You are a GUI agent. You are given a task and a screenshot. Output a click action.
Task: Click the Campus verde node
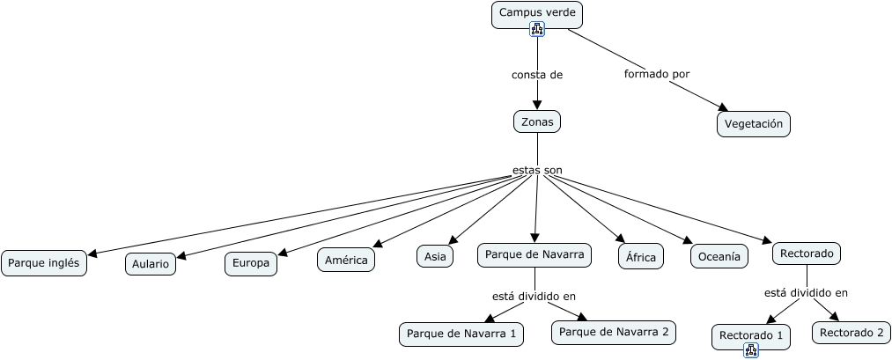tap(537, 15)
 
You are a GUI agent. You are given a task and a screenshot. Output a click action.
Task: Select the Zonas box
tap(537, 121)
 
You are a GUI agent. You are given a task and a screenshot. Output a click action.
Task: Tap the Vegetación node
tap(753, 124)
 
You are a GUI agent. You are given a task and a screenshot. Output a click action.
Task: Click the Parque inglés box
tap(44, 263)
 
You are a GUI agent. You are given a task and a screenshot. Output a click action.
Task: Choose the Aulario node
tap(151, 264)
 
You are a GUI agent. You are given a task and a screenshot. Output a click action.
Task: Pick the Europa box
tap(251, 264)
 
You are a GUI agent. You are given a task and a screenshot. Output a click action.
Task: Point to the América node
tap(346, 260)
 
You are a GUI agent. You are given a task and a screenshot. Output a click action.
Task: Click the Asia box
tap(435, 256)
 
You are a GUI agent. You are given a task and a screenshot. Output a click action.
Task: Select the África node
tap(641, 256)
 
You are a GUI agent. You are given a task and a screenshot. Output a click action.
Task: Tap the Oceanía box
tap(719, 256)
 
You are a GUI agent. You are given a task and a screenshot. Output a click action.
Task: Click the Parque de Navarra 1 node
tap(461, 334)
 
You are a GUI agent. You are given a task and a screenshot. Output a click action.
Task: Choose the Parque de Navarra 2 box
tap(614, 332)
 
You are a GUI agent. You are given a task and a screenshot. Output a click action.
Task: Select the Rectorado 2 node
tap(851, 333)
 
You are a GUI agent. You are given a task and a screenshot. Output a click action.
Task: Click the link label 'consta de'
tap(537, 75)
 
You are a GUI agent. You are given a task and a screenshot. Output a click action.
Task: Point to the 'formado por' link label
tap(657, 74)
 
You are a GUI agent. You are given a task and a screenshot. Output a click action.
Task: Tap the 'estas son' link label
tap(537, 170)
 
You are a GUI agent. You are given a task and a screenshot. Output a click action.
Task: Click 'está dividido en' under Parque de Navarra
tap(534, 297)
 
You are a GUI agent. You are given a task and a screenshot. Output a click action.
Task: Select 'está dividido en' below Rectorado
tap(806, 293)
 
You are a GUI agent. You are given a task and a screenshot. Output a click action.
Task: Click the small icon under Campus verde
tap(537, 29)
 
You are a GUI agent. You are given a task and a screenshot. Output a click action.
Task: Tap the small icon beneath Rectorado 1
tap(751, 351)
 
